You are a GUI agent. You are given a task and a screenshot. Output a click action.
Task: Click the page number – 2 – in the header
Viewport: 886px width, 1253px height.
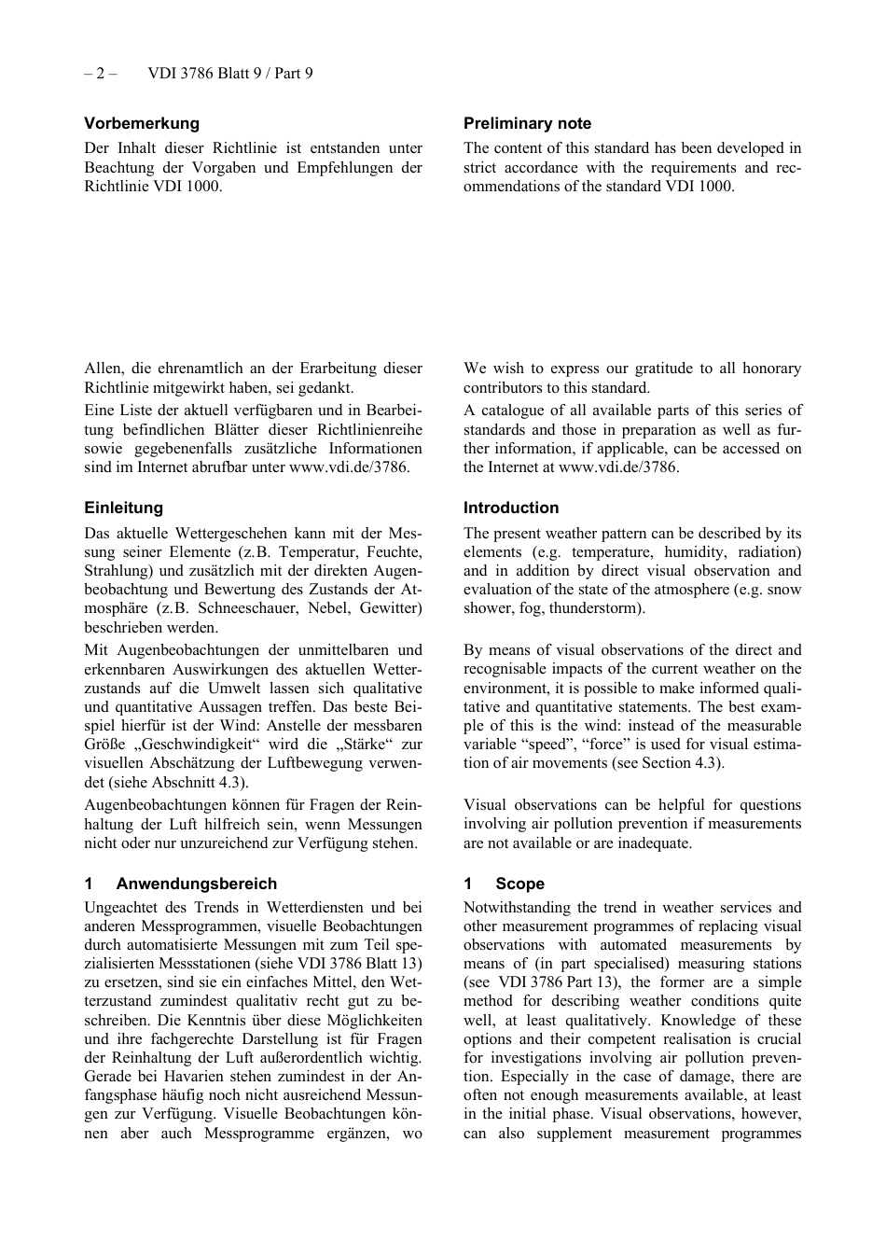coord(100,73)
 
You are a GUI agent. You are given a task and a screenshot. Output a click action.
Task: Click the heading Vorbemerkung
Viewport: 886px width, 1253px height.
coord(142,123)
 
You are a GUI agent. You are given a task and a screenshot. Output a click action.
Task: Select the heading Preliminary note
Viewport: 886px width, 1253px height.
coord(527,123)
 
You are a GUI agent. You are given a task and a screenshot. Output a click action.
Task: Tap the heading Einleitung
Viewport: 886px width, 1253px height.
coord(123,508)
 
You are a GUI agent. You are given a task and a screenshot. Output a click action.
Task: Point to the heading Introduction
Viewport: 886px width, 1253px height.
coord(511,508)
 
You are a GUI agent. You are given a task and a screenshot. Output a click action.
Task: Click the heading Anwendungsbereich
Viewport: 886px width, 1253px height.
coord(196,884)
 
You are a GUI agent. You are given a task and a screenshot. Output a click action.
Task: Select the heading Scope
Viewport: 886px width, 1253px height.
coord(519,884)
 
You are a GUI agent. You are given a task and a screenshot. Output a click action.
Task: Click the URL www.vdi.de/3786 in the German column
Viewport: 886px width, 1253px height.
coord(348,467)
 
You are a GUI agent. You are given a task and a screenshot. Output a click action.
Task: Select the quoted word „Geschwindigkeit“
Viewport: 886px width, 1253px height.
coord(200,745)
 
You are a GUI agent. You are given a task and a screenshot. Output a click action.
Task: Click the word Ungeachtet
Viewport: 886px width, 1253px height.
coord(121,908)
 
